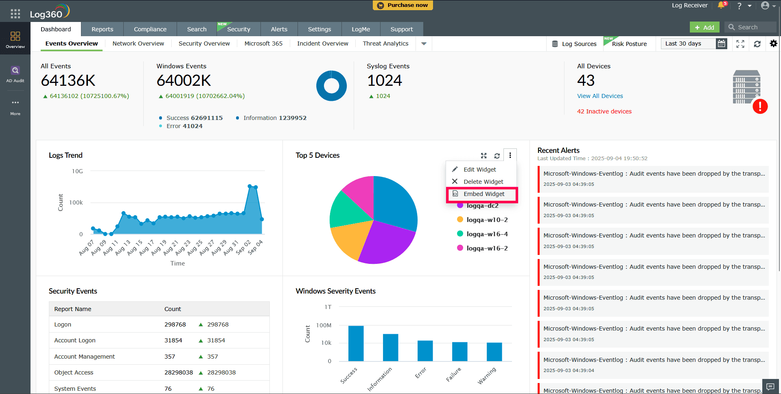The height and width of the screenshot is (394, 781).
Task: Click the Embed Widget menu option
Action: click(483, 194)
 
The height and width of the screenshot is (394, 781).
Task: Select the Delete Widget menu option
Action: click(483, 182)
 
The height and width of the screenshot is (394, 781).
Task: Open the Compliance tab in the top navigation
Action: click(150, 29)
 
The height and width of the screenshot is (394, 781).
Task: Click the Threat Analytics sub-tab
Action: click(385, 44)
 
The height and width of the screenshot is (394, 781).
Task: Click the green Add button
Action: click(704, 27)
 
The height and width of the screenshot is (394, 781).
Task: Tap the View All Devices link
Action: click(600, 96)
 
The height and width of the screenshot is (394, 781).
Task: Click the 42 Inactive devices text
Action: click(604, 111)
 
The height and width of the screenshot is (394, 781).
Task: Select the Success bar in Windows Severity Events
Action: click(356, 343)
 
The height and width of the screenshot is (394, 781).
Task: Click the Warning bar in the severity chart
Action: click(494, 352)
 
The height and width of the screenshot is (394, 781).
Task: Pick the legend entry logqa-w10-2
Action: click(487, 220)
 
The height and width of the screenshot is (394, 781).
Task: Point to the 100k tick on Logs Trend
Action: click(76, 202)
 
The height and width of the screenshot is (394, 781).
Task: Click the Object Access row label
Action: click(74, 372)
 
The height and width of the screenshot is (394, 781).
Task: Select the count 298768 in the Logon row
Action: click(175, 324)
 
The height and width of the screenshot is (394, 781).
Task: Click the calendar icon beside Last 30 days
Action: click(721, 44)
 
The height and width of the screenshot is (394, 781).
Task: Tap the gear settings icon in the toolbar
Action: click(773, 44)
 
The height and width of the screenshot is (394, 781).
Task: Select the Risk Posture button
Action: click(629, 44)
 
